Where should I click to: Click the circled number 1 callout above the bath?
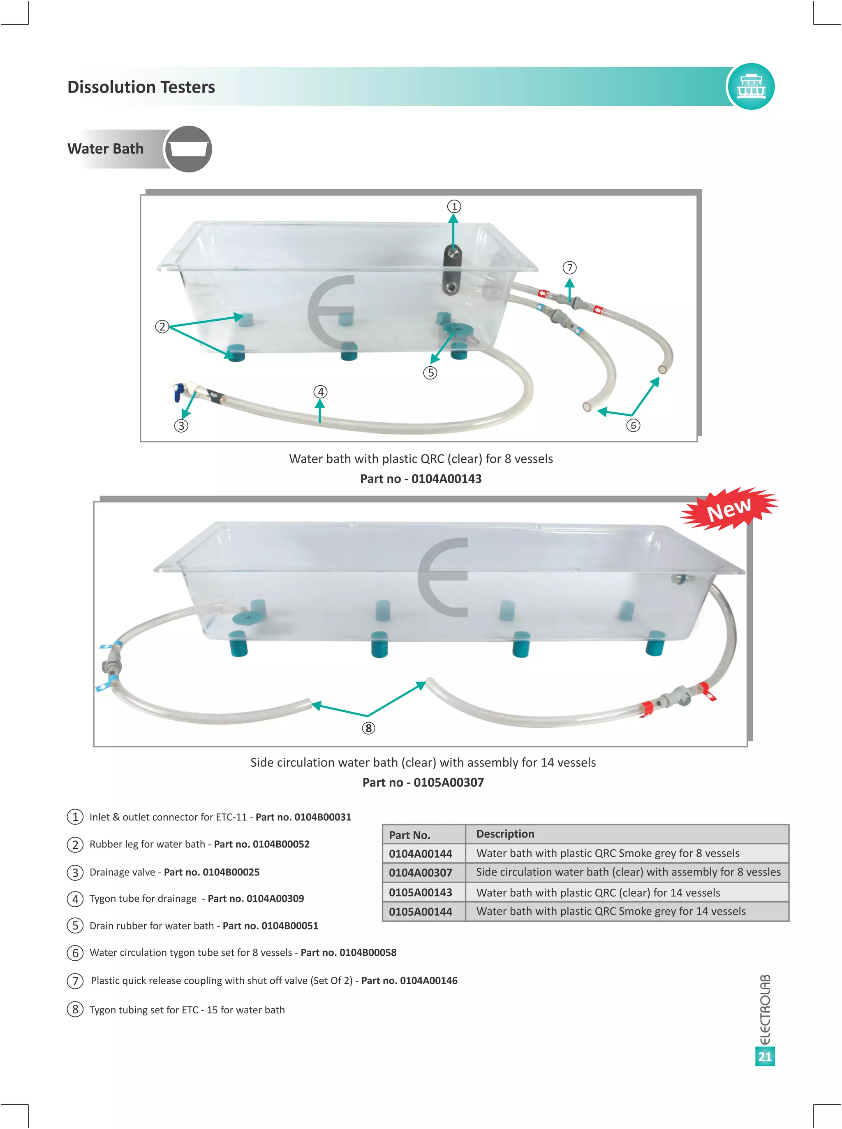pyautogui.click(x=453, y=206)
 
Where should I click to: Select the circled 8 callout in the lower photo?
pyautogui.click(x=368, y=728)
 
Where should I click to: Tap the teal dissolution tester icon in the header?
pyautogui.click(x=750, y=86)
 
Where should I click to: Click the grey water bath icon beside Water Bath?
pyautogui.click(x=188, y=149)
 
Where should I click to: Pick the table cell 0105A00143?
pyautogui.click(x=421, y=892)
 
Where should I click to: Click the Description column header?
pyautogui.click(x=505, y=833)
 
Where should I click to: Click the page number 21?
pyautogui.click(x=765, y=1056)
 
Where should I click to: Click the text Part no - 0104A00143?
pyautogui.click(x=421, y=479)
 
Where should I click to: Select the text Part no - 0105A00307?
pyautogui.click(x=423, y=782)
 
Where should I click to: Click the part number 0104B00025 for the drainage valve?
pyautogui.click(x=231, y=872)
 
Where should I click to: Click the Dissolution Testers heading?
pyautogui.click(x=141, y=87)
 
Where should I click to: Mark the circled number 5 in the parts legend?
pyautogui.click(x=75, y=925)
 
